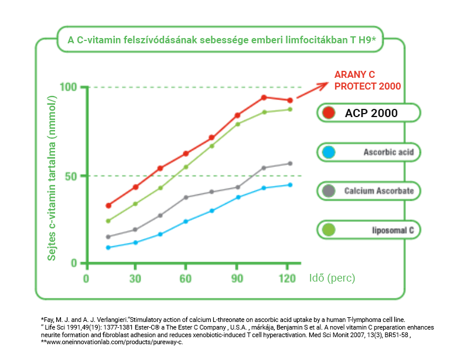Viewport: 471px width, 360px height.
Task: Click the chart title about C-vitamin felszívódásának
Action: pos(221,40)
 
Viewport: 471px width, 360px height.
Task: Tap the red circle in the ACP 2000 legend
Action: pos(329,113)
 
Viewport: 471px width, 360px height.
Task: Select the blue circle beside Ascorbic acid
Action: pos(329,153)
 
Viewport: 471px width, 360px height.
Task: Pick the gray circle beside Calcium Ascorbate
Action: pos(329,191)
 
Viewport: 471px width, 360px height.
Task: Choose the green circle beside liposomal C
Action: pos(329,230)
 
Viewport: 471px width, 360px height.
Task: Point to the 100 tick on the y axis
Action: pos(69,87)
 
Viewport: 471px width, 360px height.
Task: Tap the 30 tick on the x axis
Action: pos(135,278)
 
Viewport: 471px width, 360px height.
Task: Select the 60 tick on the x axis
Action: pos(186,278)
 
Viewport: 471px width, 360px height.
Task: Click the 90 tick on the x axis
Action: pos(237,278)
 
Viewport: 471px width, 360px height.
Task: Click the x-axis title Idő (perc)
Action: pos(332,277)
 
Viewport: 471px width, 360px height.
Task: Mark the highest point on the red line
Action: pos(264,97)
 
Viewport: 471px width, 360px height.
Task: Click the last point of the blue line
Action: pos(289,185)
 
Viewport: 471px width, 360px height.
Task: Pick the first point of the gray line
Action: pos(108,236)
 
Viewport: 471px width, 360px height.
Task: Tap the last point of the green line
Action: pos(289,109)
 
